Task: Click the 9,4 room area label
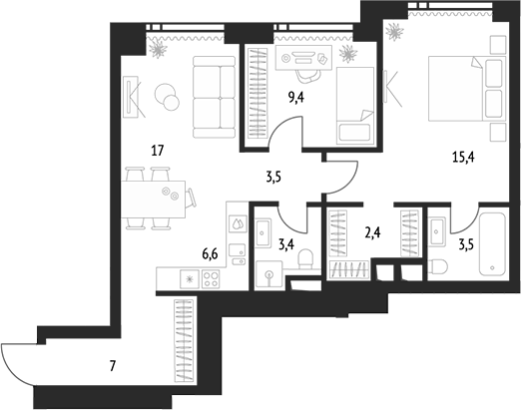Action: tap(296, 98)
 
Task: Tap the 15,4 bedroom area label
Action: tap(463, 157)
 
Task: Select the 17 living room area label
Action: tap(158, 151)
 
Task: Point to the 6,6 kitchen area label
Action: tap(210, 254)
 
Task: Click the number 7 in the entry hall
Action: tap(113, 366)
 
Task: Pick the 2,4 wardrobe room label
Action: tap(372, 233)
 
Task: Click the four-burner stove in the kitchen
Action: tap(211, 279)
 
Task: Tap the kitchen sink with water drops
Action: tap(239, 223)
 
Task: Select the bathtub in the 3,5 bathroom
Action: tap(492, 244)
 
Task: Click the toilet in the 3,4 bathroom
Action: tap(305, 259)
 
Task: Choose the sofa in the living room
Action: tap(214, 97)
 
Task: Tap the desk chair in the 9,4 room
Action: tap(307, 76)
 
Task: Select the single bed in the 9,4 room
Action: tap(355, 106)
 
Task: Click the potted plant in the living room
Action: tap(158, 49)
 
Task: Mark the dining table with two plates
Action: tap(153, 199)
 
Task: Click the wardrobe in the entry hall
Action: tap(184, 340)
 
